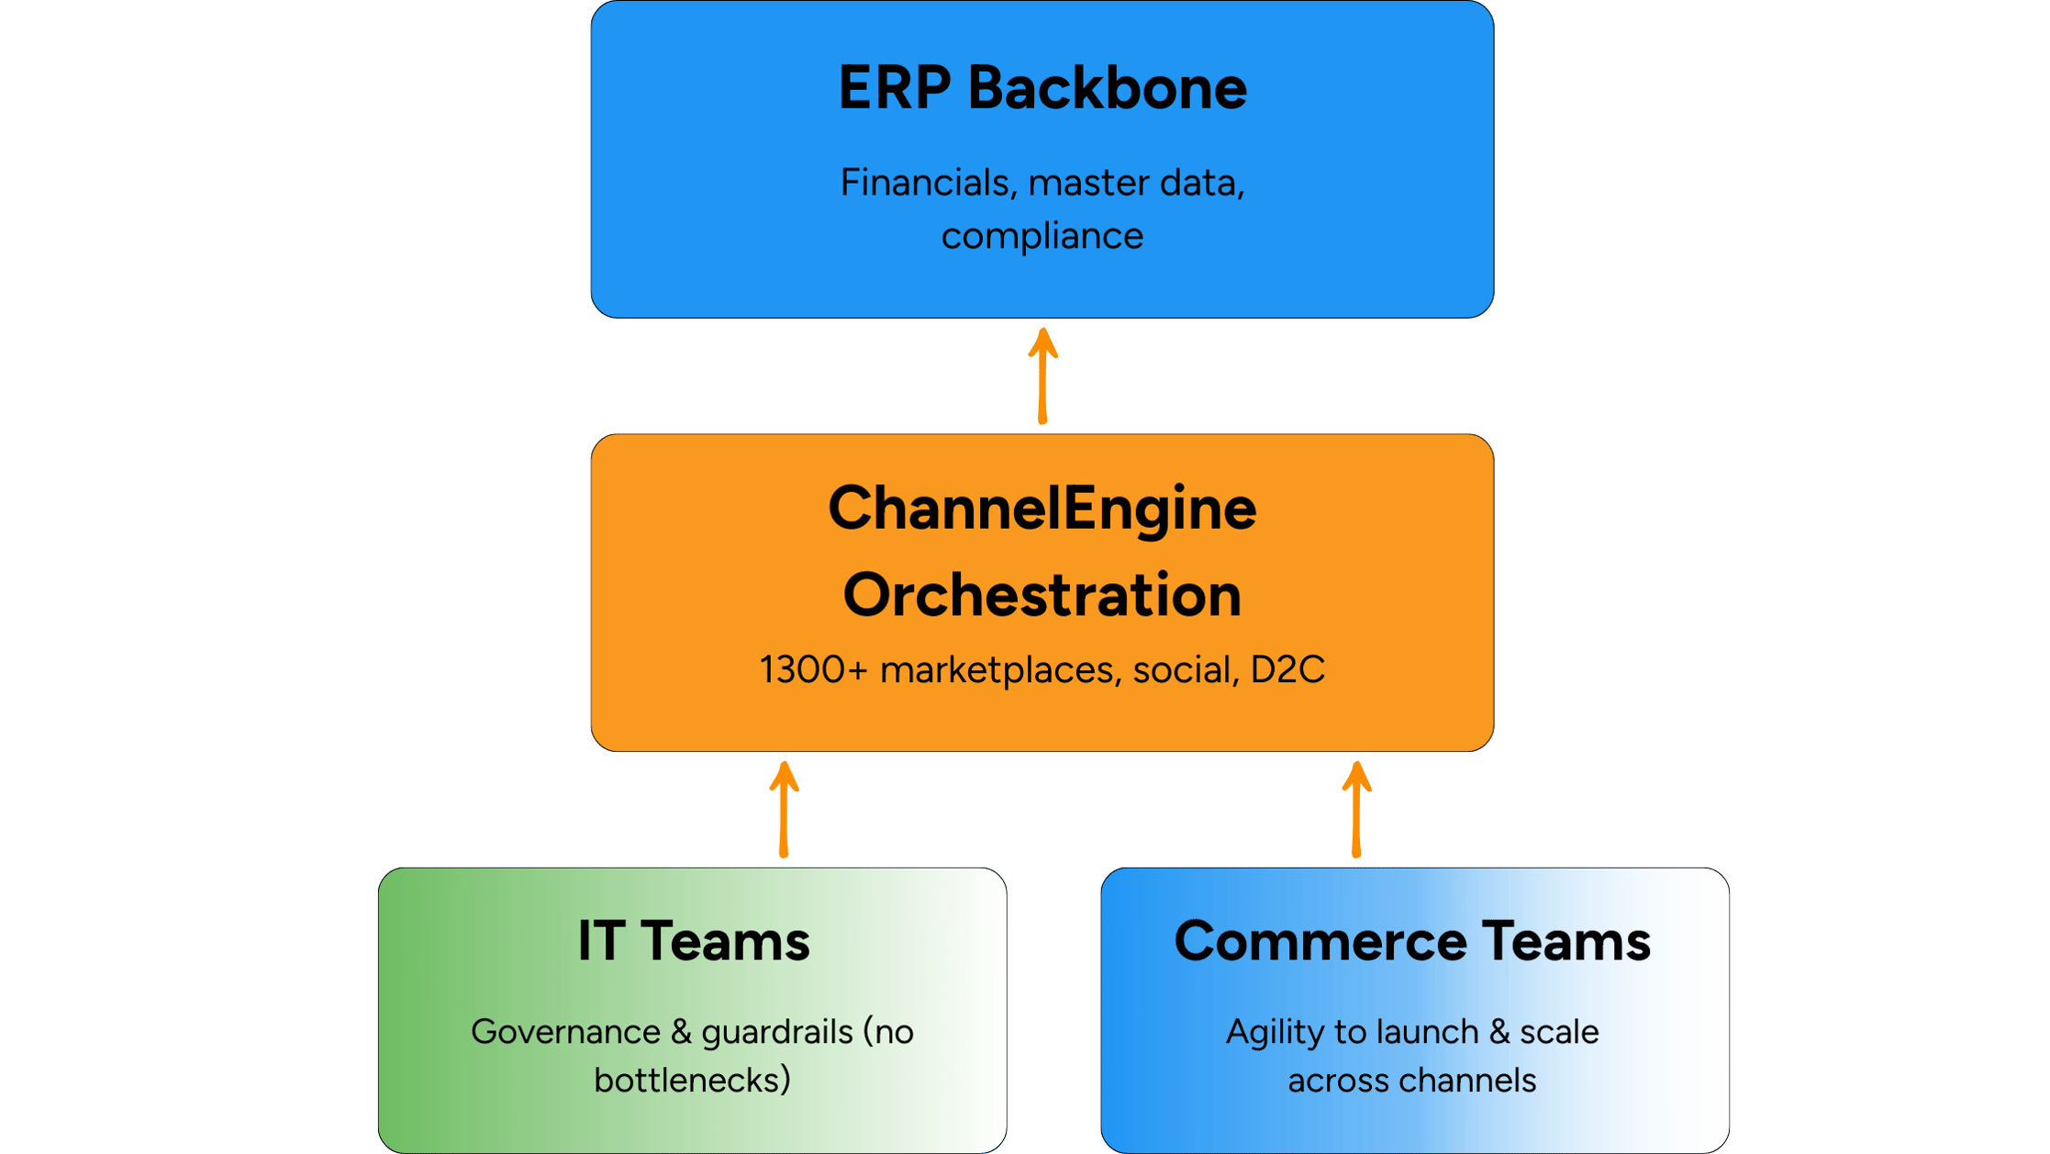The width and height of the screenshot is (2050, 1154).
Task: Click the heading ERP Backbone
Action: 1042,89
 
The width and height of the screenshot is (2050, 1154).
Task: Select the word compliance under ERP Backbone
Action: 1042,237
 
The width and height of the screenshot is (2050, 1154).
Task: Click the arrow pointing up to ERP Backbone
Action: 1042,376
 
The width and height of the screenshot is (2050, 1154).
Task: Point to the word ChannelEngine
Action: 1042,509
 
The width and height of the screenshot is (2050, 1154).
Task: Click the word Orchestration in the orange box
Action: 1042,595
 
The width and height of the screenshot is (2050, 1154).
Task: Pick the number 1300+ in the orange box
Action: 813,669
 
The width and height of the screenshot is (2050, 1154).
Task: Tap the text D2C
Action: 1287,669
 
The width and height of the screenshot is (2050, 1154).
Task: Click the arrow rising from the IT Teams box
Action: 784,809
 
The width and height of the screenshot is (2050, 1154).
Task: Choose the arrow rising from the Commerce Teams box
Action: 1356,809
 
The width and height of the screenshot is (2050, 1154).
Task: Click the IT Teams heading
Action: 694,941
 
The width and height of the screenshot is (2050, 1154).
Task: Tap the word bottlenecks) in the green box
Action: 693,1081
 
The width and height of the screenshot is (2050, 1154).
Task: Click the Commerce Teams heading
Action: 1412,941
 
